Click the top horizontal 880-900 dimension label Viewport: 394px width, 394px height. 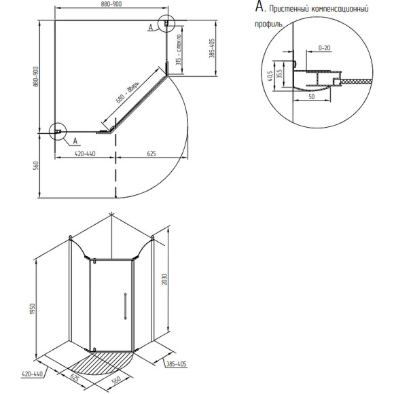111,4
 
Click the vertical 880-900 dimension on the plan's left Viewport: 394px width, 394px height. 36,77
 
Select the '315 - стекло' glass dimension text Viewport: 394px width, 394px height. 179,50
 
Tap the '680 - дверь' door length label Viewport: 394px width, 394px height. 128,92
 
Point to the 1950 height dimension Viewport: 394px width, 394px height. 32,308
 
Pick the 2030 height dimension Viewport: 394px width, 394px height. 164,279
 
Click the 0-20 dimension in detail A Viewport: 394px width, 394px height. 324,48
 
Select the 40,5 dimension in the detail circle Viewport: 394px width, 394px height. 270,76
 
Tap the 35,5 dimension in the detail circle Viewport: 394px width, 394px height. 280,73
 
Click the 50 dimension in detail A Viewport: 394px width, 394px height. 311,96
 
